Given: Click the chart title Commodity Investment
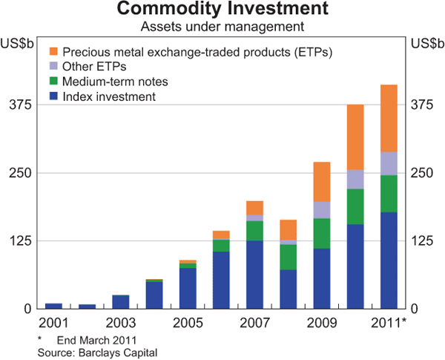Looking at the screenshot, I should coord(222,10).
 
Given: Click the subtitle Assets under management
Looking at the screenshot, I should coord(222,27).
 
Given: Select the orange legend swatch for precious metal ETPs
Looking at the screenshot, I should coord(53,52).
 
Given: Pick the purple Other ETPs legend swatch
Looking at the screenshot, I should coord(53,67).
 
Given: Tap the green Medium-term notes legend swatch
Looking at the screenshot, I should coord(53,82).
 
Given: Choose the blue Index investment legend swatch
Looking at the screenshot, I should coord(53,96).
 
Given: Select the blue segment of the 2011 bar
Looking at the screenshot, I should coord(389,260).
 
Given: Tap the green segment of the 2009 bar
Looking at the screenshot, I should coord(322,233).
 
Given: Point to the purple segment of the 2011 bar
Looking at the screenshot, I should coord(389,163).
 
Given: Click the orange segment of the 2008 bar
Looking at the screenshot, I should coord(289,230).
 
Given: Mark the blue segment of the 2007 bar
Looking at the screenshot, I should coord(255,275).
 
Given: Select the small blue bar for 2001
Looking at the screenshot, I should coord(53,305).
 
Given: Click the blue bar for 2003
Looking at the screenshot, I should coord(121,301).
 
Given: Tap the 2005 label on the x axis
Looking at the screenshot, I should coord(188,324).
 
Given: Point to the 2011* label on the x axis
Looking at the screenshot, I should coord(391,324).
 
